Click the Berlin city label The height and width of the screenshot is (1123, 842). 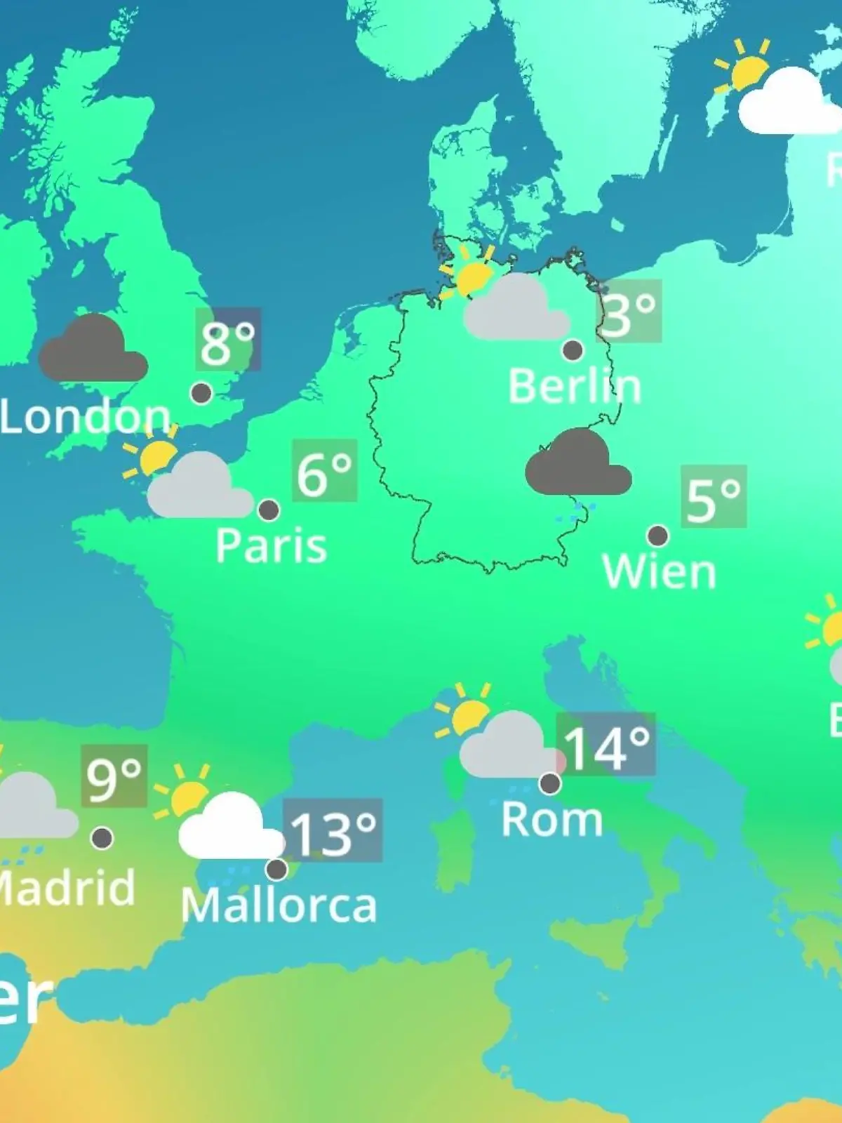pyautogui.click(x=574, y=387)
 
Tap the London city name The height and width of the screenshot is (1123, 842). pyautogui.click(x=86, y=417)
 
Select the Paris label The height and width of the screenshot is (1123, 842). pyautogui.click(x=271, y=545)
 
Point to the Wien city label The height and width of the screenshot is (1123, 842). pyautogui.click(x=659, y=572)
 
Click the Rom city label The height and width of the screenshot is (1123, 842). pyautogui.click(x=552, y=819)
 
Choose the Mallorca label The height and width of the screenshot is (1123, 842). pyautogui.click(x=279, y=905)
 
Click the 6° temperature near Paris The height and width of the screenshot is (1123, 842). pyautogui.click(x=324, y=472)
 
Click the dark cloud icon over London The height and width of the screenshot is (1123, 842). pyautogui.click(x=93, y=350)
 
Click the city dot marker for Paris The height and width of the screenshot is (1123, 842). pyautogui.click(x=269, y=510)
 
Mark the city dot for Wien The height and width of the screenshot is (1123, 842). pyautogui.click(x=657, y=536)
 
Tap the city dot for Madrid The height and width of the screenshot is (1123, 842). pyautogui.click(x=102, y=837)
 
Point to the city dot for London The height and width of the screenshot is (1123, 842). pyautogui.click(x=202, y=393)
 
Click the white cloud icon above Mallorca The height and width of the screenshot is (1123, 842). pyautogui.click(x=228, y=828)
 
